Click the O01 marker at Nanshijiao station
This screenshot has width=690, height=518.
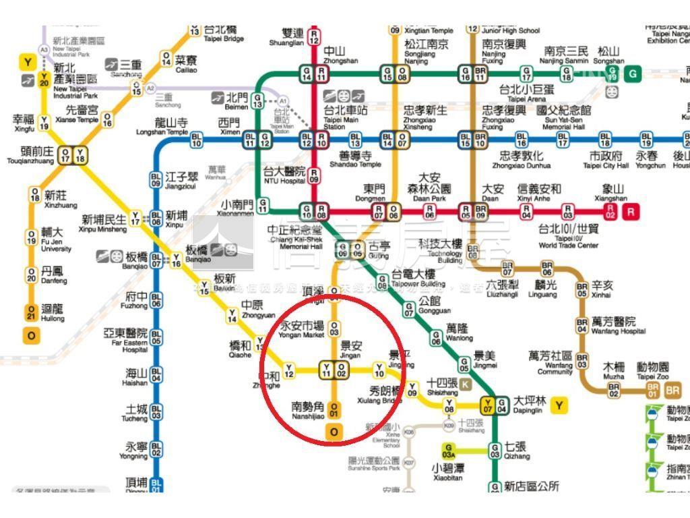pyautogui.click(x=334, y=409)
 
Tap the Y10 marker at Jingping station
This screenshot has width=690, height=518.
pyautogui.click(x=379, y=370)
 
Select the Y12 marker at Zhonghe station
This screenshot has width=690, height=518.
pyautogui.click(x=289, y=370)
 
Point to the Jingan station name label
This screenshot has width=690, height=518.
pyautogui.click(x=350, y=349)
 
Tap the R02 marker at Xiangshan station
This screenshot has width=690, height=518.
pyautogui.click(x=610, y=212)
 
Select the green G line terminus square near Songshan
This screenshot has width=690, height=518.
pyautogui.click(x=633, y=74)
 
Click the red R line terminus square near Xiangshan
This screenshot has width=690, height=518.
pyautogui.click(x=631, y=212)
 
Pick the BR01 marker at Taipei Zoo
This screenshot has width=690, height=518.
pyautogui.click(x=652, y=390)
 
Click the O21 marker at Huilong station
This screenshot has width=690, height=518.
pyautogui.click(x=31, y=312)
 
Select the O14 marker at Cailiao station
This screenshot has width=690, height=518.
pyautogui.click(x=166, y=59)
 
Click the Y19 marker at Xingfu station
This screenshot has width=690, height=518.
pyautogui.click(x=44, y=122)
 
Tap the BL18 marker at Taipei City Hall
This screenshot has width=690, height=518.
pyautogui.click(x=605, y=140)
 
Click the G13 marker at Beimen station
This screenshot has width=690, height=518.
pyautogui.click(x=257, y=101)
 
